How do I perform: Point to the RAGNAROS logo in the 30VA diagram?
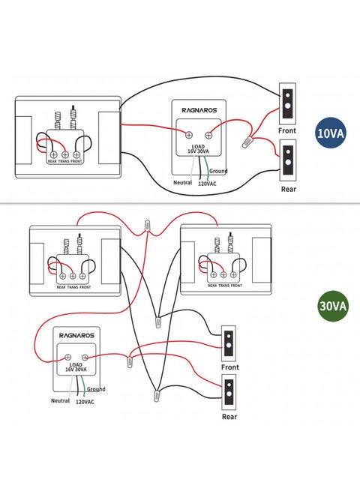point(74,337)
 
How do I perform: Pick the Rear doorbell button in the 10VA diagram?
point(287,162)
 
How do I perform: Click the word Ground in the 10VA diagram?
point(218,171)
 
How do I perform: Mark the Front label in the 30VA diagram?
point(230,367)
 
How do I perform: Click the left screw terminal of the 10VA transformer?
point(187,134)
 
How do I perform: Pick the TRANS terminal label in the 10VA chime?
point(64,161)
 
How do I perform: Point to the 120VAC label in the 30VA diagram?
point(85,402)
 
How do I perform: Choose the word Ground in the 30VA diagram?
point(96,389)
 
